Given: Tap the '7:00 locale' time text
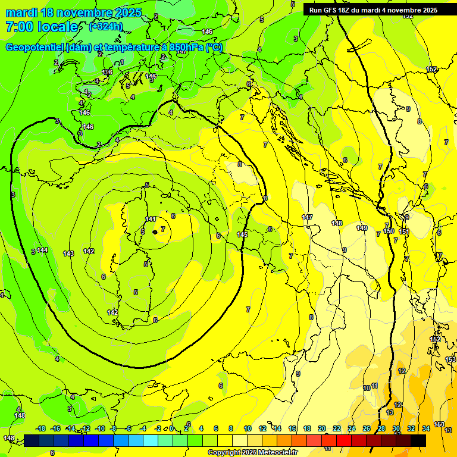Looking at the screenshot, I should click(x=42, y=27).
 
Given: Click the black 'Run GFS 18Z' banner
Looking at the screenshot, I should click(x=373, y=10).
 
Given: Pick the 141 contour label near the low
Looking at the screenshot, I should click(x=151, y=220).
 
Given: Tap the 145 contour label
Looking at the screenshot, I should click(x=242, y=234).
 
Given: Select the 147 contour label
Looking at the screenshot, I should click(x=307, y=218).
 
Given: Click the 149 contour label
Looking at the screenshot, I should click(x=362, y=228).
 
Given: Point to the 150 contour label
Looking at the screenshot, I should click(x=389, y=231).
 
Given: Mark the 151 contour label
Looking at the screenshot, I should click(x=404, y=231).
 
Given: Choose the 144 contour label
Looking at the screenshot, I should click(x=42, y=250).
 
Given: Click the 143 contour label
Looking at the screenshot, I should click(x=68, y=253).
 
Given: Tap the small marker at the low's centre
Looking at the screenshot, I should click(x=155, y=231).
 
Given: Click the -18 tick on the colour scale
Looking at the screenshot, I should click(x=40, y=428).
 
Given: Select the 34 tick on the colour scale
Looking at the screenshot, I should click(x=426, y=428).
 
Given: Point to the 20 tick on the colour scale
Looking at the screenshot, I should click(x=322, y=428).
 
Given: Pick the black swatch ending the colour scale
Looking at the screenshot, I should click(x=418, y=440).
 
